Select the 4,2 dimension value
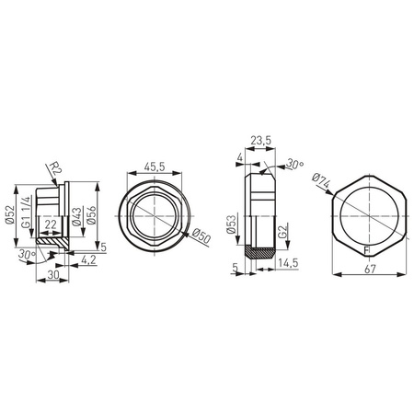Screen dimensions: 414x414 (x=89, y=261)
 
